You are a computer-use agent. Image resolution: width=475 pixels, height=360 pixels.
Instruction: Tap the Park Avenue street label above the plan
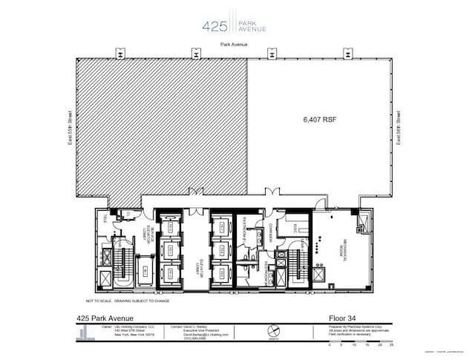(x=234, y=45)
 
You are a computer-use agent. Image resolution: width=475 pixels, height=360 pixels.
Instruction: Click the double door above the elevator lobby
(x=197, y=193)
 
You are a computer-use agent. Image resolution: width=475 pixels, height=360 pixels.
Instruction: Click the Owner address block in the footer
(x=128, y=332)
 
